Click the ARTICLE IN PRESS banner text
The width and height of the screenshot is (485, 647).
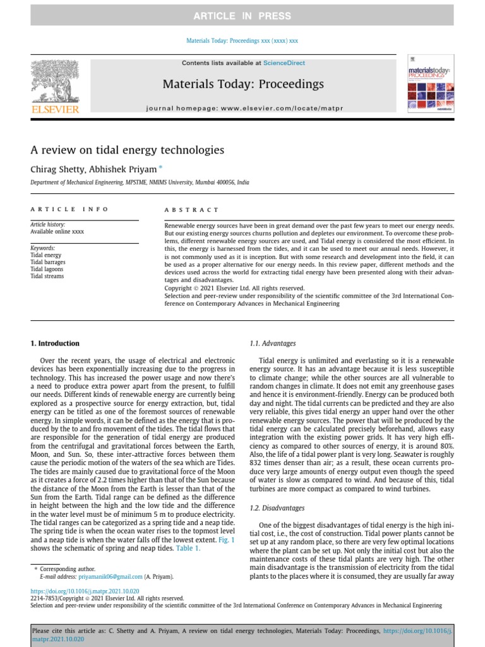coord(242,16)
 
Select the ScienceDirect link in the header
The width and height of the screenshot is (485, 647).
coord(284,63)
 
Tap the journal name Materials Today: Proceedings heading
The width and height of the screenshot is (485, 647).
coord(243,84)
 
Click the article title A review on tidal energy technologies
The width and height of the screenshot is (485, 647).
coord(128,150)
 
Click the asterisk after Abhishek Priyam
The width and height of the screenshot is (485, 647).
coord(160,167)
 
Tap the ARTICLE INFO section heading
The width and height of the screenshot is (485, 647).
coord(70,209)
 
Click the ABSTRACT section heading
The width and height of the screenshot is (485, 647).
coord(191,210)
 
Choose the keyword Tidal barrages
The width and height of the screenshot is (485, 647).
coord(48,262)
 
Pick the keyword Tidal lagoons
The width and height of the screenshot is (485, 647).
coord(47,269)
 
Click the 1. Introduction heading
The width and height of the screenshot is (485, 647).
coord(55,344)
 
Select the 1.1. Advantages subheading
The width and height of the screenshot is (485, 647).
coord(273,344)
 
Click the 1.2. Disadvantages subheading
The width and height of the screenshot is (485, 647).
coord(277,508)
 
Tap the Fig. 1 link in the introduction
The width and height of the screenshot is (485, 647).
coord(225,540)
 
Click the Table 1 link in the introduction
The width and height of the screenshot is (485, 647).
coord(188,548)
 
